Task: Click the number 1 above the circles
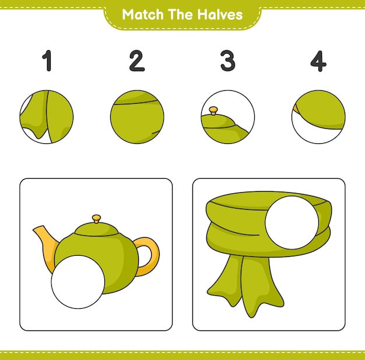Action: (47, 61)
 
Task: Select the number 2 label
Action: (136, 61)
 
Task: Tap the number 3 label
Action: (227, 61)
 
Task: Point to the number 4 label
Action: (318, 61)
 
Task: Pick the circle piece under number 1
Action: (47, 117)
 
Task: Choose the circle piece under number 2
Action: (137, 117)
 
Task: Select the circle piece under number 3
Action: (228, 117)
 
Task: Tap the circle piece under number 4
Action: (318, 117)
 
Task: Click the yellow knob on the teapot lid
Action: (97, 219)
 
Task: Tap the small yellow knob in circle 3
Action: (213, 109)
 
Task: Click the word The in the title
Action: (181, 15)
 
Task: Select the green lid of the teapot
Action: (97, 229)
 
